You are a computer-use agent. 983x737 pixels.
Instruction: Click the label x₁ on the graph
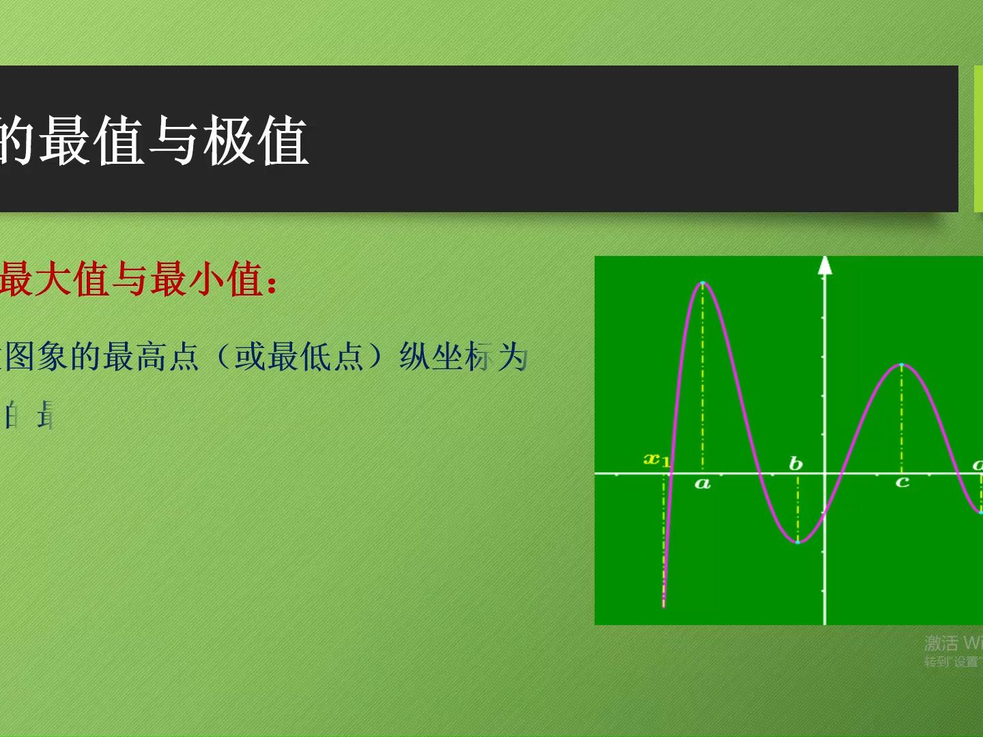pos(657,459)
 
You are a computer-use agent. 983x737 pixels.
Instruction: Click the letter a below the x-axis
pos(702,485)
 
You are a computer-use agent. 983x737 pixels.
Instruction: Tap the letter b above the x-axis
pos(795,464)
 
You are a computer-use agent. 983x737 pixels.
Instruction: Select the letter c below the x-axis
pos(902,482)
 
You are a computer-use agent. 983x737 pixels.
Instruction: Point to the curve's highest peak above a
pos(702,283)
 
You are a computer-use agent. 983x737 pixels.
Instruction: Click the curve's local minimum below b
pos(797,542)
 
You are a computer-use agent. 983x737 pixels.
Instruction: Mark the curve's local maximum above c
pos(902,365)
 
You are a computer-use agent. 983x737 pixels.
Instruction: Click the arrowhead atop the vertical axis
pos(825,265)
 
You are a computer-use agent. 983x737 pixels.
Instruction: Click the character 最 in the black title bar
pos(65,141)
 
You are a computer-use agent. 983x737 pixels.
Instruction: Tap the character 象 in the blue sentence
pos(53,356)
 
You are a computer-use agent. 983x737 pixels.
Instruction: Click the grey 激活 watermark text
pos(941,643)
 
